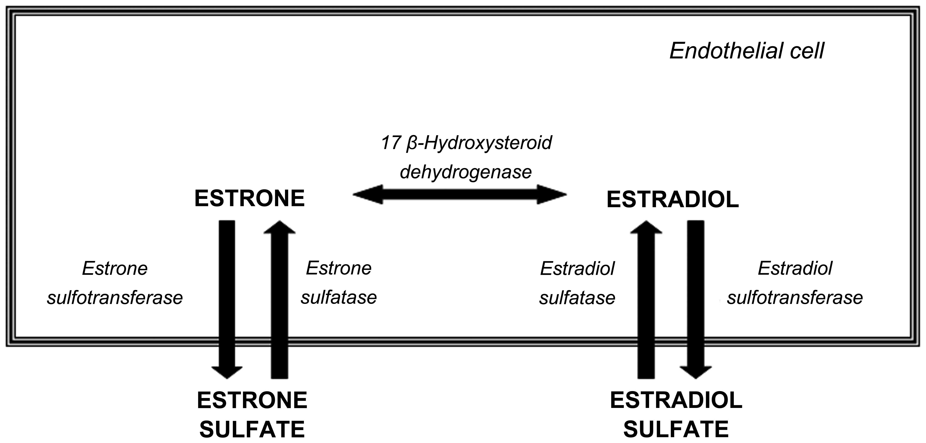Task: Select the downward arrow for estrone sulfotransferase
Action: point(227,299)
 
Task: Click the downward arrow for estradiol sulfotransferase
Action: point(696,299)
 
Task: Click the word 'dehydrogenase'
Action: point(466,172)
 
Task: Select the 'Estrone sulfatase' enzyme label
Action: point(339,283)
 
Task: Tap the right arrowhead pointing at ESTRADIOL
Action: point(552,195)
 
